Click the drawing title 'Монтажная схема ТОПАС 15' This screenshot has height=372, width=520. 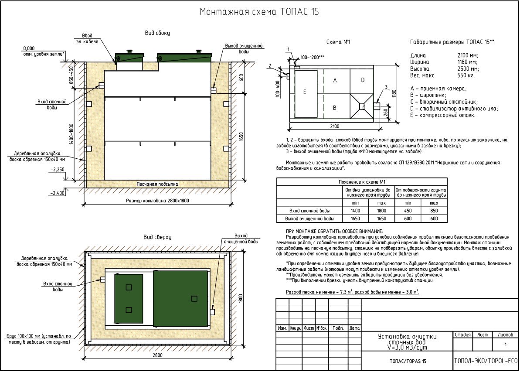point(259,12)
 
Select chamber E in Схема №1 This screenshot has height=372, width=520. point(306,93)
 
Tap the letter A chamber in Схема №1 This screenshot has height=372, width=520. point(336,81)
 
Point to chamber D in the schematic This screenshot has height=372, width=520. point(363,81)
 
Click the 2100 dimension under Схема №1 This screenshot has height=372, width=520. point(334,126)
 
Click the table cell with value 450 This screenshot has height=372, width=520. point(408,211)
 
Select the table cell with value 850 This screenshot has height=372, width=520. point(434,211)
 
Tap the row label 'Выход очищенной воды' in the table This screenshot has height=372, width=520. point(309,218)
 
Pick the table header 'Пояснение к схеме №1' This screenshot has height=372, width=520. point(362,182)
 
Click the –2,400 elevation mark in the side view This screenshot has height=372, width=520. point(58,193)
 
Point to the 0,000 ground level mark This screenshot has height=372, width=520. point(29,48)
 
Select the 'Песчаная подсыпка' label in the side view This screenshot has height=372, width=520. point(157,184)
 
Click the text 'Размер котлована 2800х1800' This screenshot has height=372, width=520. point(157,201)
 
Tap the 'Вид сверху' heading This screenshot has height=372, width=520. point(157,237)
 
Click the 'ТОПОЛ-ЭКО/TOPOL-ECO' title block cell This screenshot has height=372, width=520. point(486,361)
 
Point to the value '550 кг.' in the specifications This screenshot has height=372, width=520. point(466,75)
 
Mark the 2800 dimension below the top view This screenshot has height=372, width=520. point(157,355)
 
